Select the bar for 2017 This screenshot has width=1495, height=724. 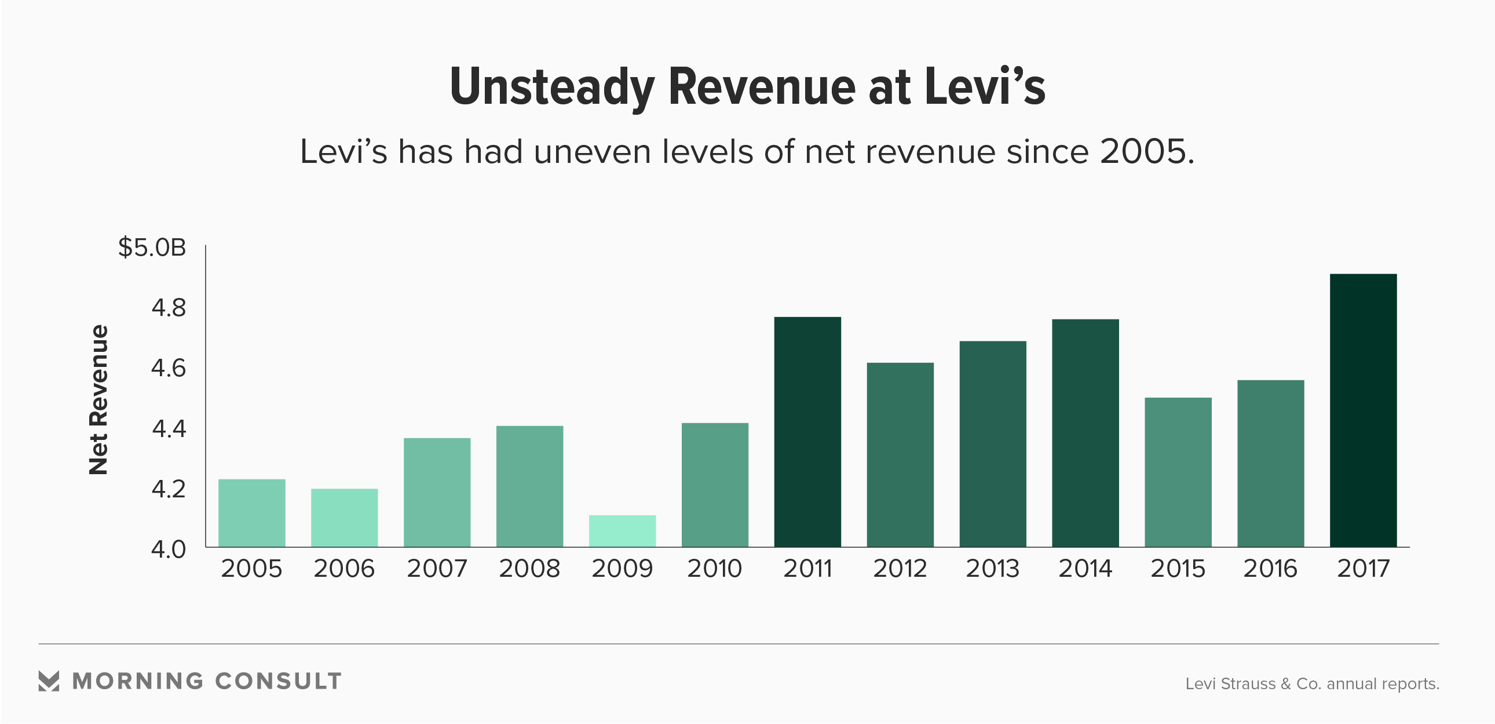tap(1364, 410)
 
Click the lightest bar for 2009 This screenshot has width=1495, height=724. tap(622, 530)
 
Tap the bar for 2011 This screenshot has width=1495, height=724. tap(807, 431)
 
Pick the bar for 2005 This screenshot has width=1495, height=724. tap(252, 512)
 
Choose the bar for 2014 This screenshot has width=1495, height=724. tap(1085, 432)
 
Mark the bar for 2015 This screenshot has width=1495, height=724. tap(1178, 472)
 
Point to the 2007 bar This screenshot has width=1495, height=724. tap(437, 492)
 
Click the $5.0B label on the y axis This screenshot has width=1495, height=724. tap(152, 248)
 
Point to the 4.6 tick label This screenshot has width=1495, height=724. tap(169, 368)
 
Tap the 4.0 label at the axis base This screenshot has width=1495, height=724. tap(169, 550)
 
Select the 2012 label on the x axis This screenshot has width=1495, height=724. tap(900, 569)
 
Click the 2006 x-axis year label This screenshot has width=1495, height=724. tap(344, 569)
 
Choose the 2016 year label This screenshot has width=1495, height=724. tap(1270, 569)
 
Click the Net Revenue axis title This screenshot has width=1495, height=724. tap(98, 399)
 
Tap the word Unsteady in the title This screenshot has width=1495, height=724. tap(551, 87)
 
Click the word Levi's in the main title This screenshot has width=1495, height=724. tap(985, 87)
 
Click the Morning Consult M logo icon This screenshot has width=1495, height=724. tap(49, 681)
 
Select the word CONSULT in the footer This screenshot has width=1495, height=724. tap(279, 681)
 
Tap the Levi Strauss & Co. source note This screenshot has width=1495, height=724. tap(1311, 684)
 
